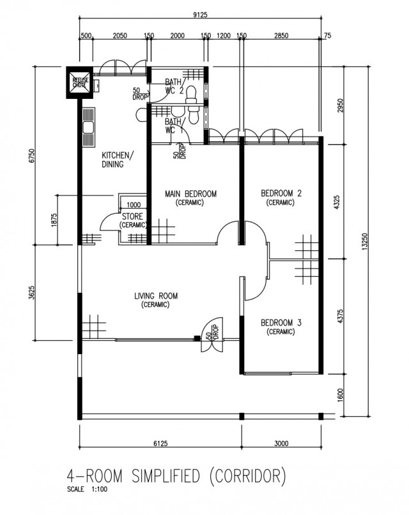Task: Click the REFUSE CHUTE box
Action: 80,82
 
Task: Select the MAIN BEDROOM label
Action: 190,198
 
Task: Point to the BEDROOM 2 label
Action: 281,197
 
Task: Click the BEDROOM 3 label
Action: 281,327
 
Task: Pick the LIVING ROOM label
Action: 156,300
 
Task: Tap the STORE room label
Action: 132,220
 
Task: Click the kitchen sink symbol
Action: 88,128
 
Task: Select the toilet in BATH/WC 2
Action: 190,95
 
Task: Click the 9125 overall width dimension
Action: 200,15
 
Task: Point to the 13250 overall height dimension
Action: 364,242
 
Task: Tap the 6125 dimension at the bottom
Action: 160,444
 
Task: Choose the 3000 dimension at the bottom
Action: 281,444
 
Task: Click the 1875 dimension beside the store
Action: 54,220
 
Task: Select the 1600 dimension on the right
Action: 340,395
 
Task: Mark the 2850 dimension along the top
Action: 281,36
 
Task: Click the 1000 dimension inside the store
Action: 134,205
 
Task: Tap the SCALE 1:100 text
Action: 87,489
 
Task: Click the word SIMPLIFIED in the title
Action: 166,476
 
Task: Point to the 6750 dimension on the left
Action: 31,156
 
